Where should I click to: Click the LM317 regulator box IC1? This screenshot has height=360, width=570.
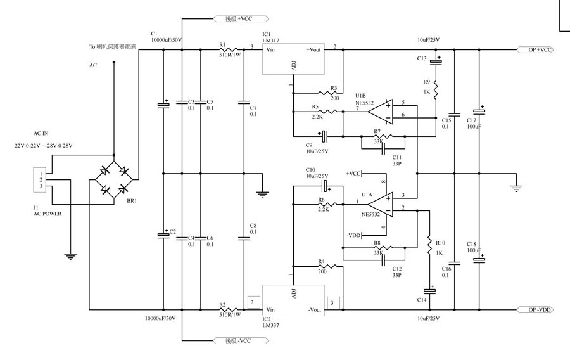tap(293, 59)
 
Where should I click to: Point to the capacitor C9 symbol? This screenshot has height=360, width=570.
tap(324, 136)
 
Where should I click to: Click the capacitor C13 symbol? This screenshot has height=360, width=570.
tap(436, 61)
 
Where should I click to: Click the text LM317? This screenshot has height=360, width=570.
tap(271, 40)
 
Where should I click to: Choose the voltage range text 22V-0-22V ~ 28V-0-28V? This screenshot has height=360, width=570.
tap(44, 146)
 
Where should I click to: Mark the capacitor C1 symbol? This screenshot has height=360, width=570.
tap(163, 105)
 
